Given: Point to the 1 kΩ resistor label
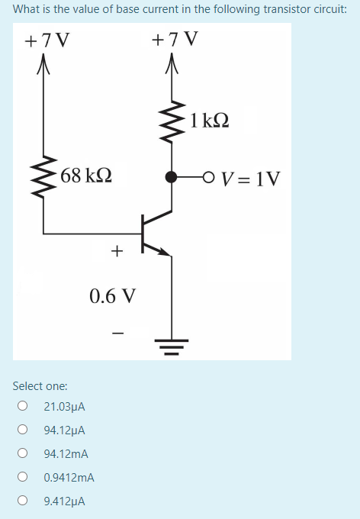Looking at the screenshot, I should (x=211, y=120).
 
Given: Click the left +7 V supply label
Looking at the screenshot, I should (x=43, y=40).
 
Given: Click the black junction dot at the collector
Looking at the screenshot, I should (x=172, y=177).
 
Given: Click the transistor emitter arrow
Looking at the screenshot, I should (x=162, y=250).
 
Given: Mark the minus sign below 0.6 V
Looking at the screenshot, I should (x=116, y=333).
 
